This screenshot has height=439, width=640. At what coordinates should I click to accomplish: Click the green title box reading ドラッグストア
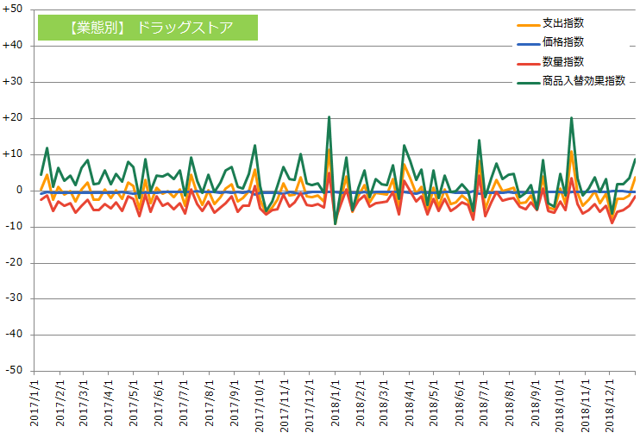147,28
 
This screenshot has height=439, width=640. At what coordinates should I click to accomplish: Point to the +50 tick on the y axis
12,9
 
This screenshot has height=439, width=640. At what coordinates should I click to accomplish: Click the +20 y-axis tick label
12,118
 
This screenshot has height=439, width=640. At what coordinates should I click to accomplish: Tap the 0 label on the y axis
19,191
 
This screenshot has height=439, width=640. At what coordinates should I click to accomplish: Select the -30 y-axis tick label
14,298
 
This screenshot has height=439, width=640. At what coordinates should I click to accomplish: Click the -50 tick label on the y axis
14,370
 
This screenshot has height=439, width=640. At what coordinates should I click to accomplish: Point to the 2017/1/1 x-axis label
35,403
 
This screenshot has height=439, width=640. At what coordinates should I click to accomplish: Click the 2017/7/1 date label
184,403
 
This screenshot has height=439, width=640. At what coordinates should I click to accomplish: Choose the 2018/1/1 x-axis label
336,403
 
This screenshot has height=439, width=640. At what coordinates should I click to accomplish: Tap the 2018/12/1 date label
610,406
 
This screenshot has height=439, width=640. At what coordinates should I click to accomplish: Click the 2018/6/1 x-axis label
460,403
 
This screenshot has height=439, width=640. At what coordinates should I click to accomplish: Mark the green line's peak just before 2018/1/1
329,117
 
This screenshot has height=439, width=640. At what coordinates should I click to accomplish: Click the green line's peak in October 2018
571,118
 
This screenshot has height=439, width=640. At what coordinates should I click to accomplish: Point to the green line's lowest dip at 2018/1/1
336,223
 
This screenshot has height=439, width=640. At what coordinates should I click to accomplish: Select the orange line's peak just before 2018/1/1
329,149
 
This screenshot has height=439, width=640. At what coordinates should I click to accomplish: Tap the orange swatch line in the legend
529,25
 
